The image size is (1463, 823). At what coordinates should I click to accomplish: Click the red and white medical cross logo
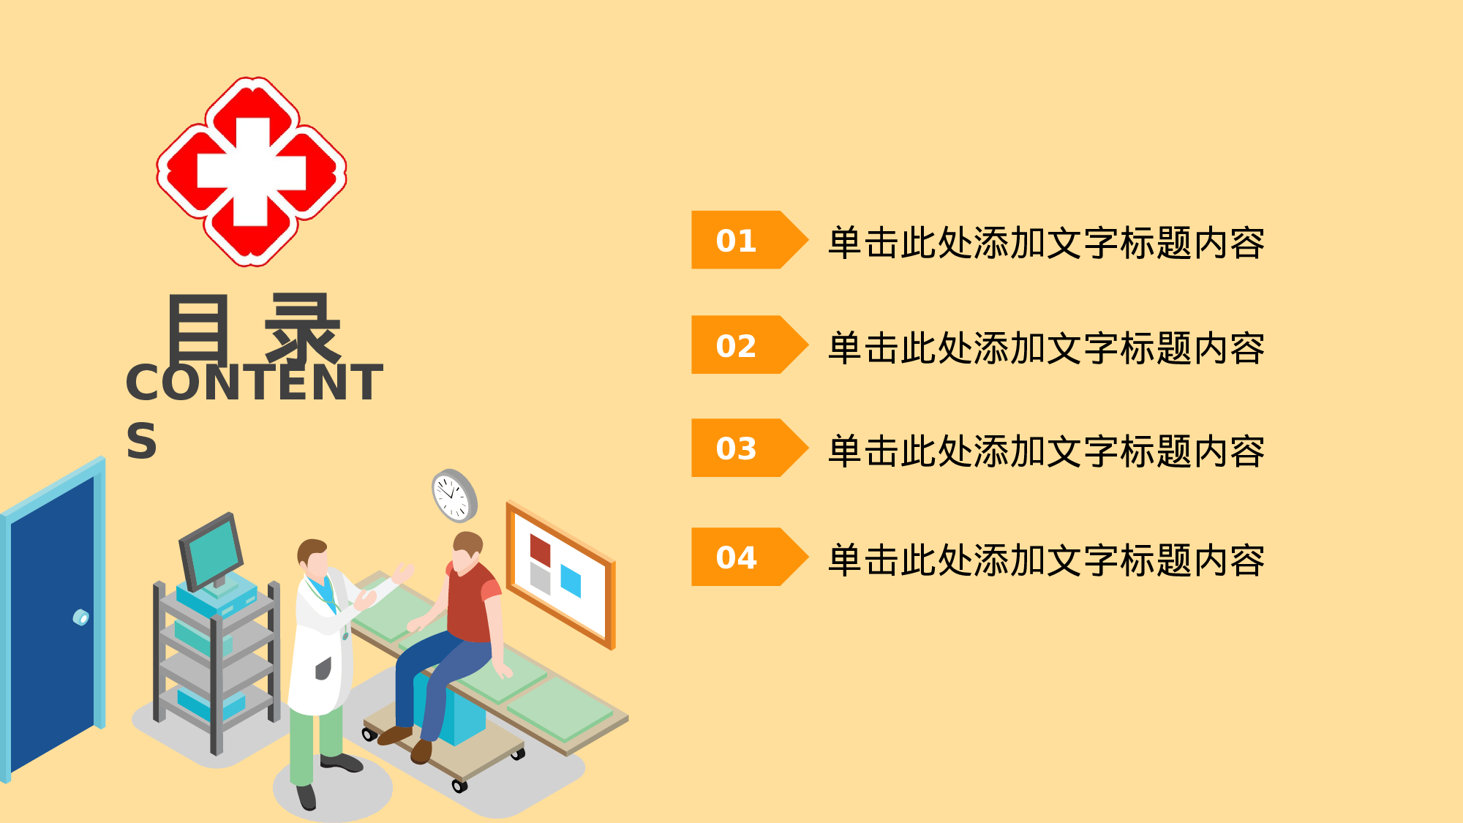252,172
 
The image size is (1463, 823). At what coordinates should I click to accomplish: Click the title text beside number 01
1046,243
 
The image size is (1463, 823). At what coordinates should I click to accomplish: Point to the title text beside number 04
1046,560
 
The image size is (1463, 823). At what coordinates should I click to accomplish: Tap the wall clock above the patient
454,495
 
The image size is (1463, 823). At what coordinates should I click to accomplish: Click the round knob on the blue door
81,617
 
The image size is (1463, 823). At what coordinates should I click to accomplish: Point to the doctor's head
314,559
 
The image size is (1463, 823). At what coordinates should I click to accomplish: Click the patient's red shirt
472,603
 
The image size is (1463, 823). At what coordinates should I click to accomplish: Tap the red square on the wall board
540,549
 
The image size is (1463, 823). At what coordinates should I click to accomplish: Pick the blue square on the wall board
571,580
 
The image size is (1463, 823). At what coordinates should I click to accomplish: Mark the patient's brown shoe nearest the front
421,751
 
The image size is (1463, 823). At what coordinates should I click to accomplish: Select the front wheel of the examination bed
459,786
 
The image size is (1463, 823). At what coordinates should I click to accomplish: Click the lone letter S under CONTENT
141,441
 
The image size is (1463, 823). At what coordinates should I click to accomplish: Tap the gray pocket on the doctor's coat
323,668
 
